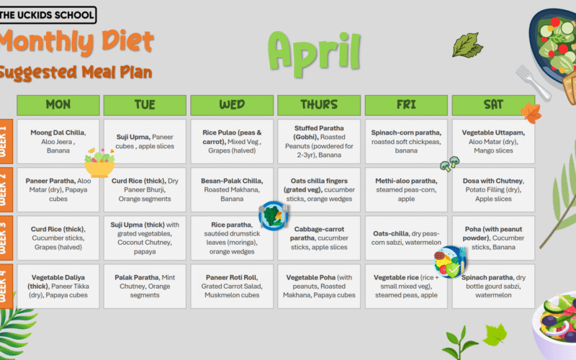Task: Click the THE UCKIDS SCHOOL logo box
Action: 48,14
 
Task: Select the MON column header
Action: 58,105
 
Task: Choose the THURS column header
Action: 318,105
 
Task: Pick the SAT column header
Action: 493,105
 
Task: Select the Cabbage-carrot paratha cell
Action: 318,238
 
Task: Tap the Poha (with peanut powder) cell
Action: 493,238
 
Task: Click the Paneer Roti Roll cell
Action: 232,285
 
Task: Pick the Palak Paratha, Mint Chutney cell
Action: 145,285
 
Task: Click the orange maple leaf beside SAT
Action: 531,112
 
